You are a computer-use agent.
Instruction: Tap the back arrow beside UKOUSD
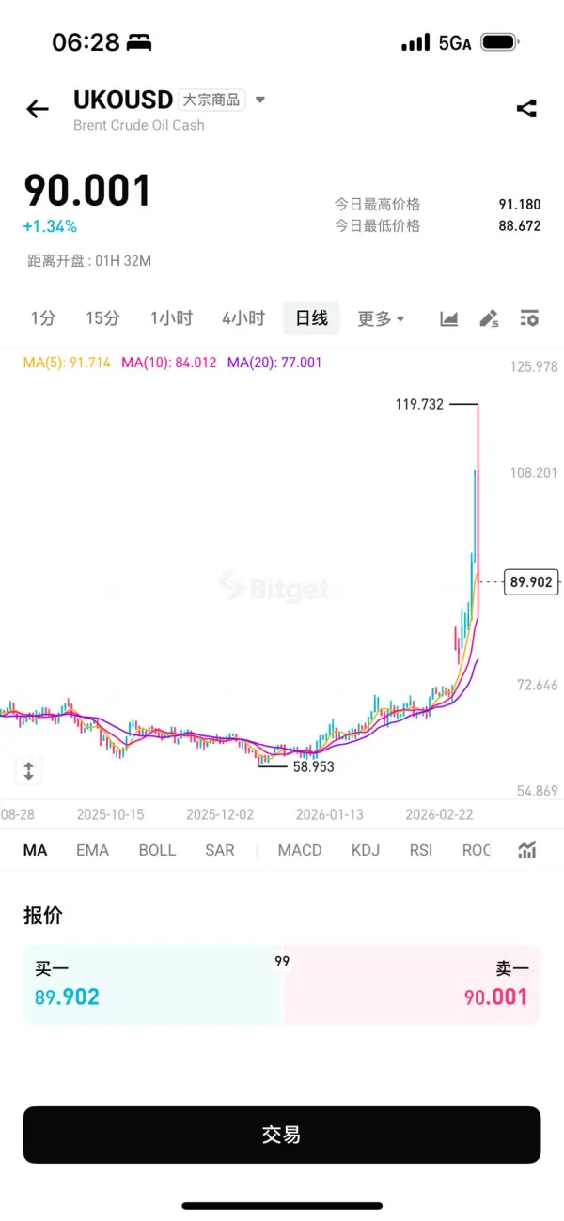tap(38, 109)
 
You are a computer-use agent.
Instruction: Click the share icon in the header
tap(526, 109)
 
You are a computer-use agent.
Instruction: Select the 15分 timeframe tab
tap(102, 318)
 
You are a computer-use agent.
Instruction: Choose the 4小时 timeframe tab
tap(243, 318)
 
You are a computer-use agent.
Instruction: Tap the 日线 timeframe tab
tap(311, 318)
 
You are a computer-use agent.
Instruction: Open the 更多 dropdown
tap(381, 318)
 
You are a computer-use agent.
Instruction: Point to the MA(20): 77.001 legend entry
tap(274, 362)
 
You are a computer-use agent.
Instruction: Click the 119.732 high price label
tap(419, 404)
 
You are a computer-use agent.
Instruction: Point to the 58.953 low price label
tap(313, 766)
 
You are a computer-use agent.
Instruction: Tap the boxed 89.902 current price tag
tap(531, 582)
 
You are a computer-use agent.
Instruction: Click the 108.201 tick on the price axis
tap(534, 472)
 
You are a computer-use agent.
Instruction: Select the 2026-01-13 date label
tap(329, 814)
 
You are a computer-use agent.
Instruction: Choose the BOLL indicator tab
tap(157, 850)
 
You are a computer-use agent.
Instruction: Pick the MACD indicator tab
tap(300, 850)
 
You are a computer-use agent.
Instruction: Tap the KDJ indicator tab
tap(366, 850)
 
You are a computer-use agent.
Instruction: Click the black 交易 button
tap(282, 1135)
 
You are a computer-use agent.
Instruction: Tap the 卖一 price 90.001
tap(496, 997)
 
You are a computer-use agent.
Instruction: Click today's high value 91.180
tap(520, 205)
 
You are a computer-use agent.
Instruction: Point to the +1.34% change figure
tap(51, 226)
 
